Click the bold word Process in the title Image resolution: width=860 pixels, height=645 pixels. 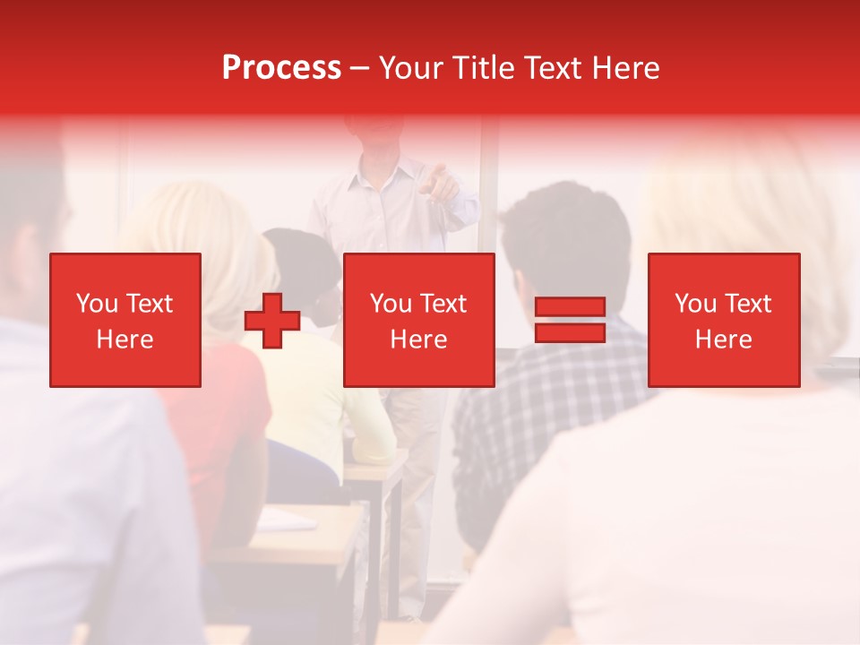click(281, 68)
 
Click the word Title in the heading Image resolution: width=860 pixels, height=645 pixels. click(482, 68)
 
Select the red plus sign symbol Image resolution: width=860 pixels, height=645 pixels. click(272, 321)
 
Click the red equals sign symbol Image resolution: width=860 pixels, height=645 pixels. click(570, 320)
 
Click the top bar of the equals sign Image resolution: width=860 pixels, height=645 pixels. click(570, 307)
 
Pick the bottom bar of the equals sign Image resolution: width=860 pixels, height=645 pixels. click(570, 332)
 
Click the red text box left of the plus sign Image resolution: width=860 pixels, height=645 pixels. click(125, 320)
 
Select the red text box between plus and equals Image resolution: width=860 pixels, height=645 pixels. click(419, 320)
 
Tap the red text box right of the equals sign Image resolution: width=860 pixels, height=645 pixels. click(724, 320)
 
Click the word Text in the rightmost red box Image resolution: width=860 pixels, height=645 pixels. click(747, 304)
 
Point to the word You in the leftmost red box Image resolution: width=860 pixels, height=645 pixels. click(97, 304)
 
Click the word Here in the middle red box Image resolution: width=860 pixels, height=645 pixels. click(419, 340)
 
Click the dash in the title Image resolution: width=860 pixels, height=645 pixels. click(359, 69)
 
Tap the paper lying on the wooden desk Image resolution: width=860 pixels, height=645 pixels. click(287, 520)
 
